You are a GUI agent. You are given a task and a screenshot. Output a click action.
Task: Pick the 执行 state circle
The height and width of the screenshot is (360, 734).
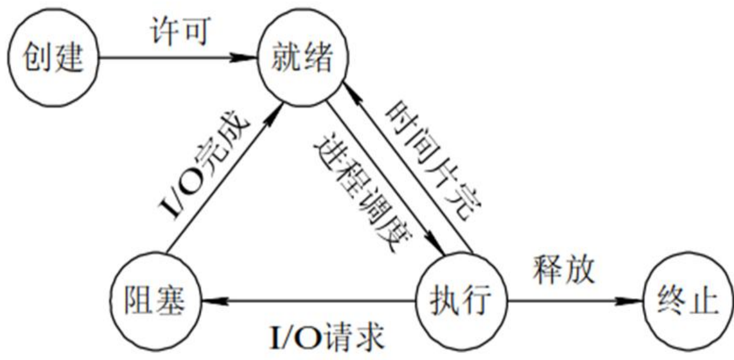(x=462, y=301)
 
